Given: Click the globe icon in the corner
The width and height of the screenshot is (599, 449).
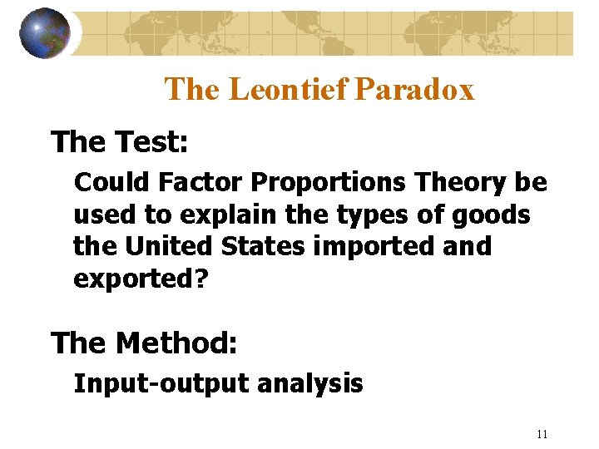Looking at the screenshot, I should click(x=44, y=33).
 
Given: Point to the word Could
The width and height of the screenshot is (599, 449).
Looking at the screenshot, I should click(x=107, y=180).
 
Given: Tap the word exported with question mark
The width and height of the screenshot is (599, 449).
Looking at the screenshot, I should click(x=139, y=279).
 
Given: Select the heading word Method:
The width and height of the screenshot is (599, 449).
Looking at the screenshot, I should click(x=176, y=342).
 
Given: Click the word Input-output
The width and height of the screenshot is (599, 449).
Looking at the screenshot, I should click(x=161, y=383).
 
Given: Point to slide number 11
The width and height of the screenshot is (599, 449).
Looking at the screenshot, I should click(x=542, y=433).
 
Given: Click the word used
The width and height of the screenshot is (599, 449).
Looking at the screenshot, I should click(x=104, y=214).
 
